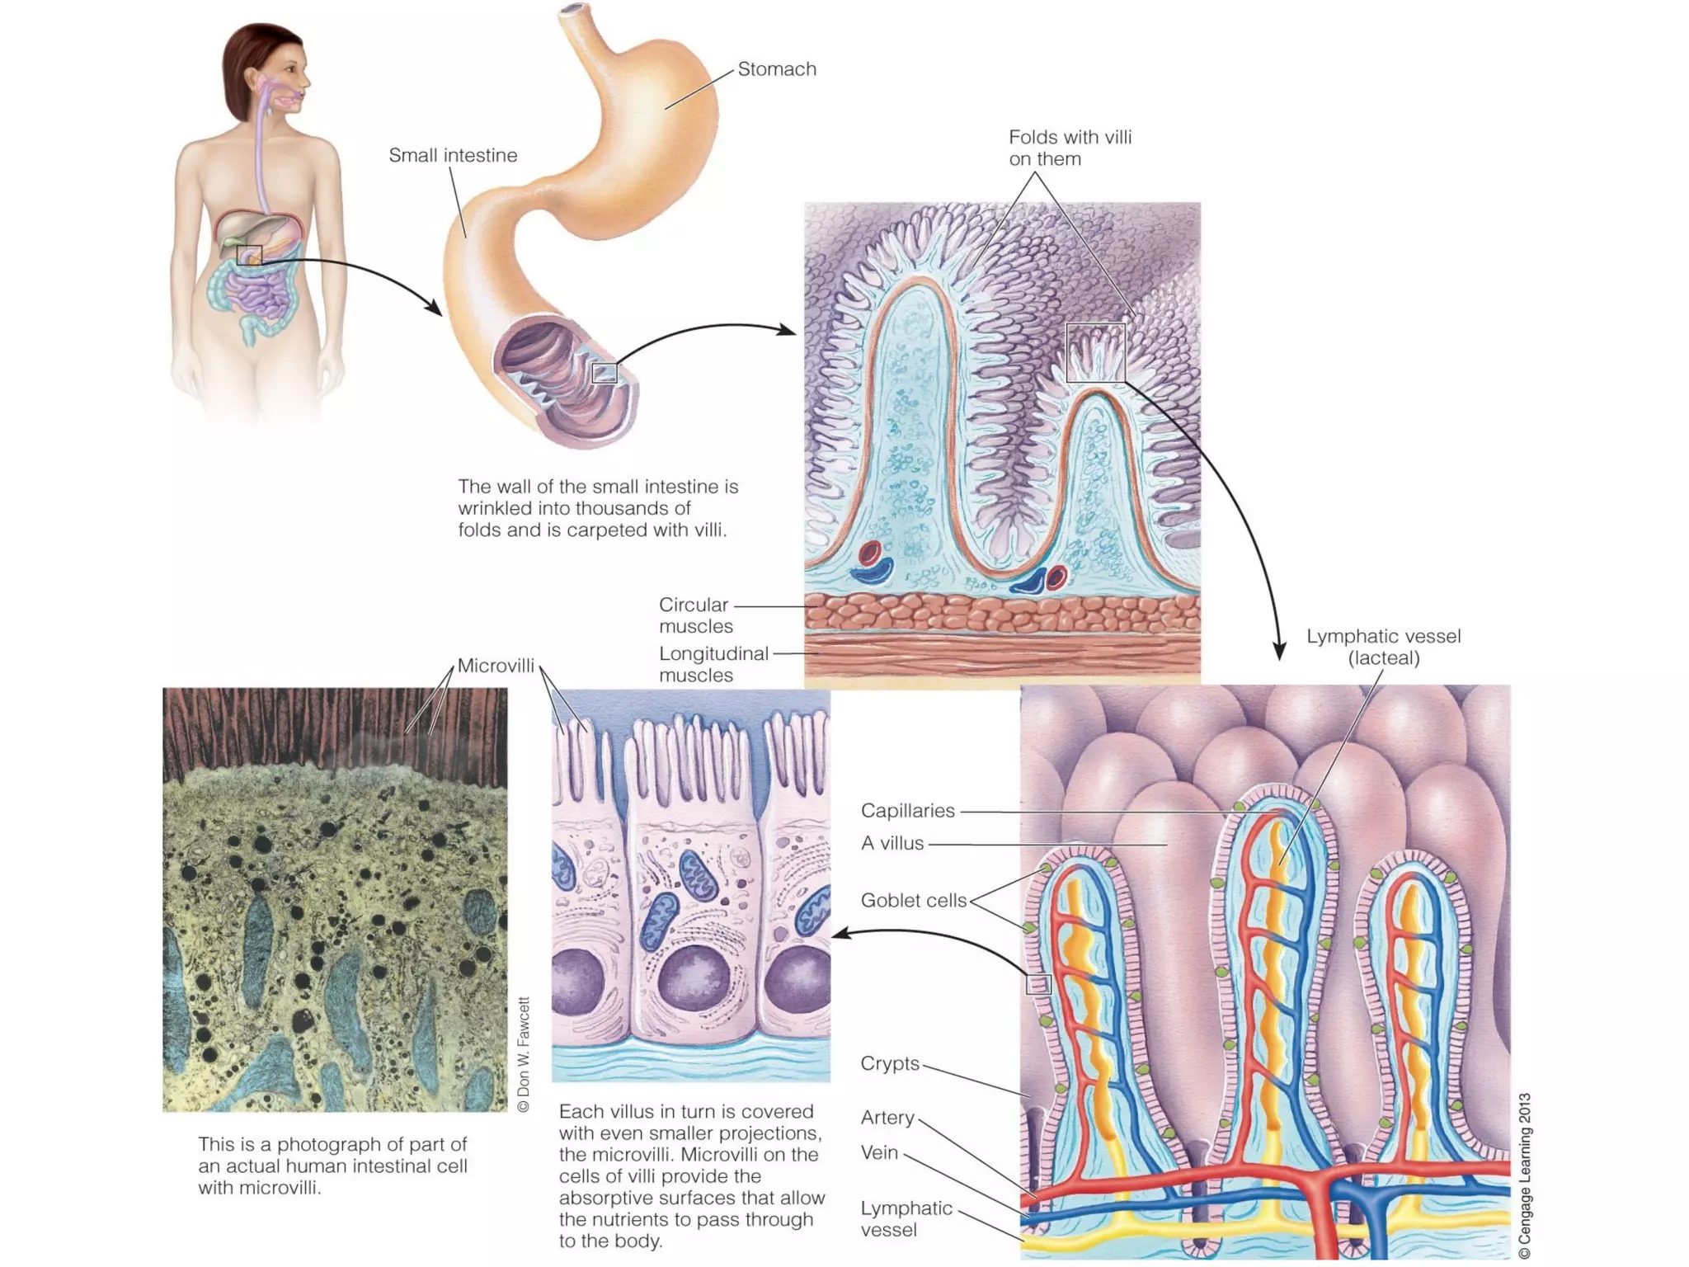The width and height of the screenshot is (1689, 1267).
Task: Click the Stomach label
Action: point(776,69)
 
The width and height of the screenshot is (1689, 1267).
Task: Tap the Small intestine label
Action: point(453,155)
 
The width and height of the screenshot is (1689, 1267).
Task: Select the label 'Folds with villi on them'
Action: point(1070,148)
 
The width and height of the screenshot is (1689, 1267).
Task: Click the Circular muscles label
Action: point(695,615)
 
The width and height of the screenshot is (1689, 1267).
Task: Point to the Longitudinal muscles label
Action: point(713,664)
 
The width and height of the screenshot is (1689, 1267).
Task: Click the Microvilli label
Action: point(496,666)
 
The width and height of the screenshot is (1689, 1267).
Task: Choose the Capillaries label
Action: point(907,811)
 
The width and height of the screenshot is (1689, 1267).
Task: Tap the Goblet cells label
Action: point(913,900)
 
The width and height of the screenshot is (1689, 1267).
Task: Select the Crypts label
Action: point(889,1063)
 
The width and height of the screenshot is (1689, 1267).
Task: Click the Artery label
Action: point(887,1118)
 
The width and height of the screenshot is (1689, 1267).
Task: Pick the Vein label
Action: point(879,1152)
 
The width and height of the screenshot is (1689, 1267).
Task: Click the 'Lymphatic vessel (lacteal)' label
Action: point(1383,647)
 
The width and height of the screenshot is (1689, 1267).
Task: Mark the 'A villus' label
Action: point(892,843)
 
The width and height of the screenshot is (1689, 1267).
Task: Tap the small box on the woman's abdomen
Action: point(249,255)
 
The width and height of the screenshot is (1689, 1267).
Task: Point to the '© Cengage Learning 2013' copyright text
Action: point(1525,1175)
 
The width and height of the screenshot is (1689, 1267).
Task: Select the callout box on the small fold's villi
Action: point(1095,352)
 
